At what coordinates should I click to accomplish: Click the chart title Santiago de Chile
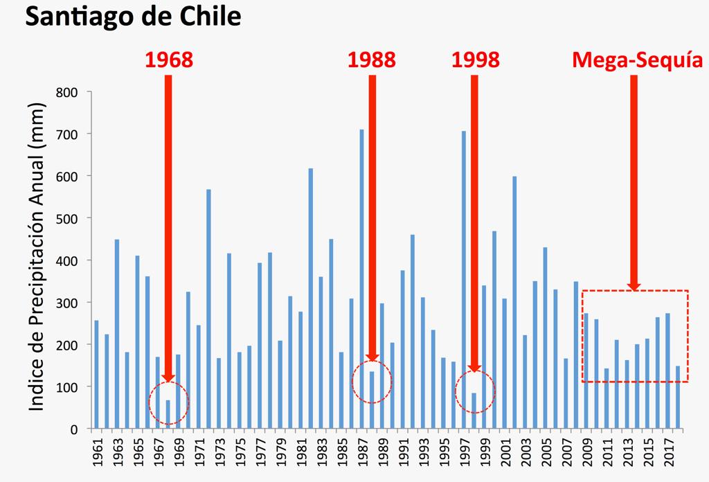tap(133, 17)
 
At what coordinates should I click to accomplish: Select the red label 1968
tap(168, 60)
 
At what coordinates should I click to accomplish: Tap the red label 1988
tap(372, 60)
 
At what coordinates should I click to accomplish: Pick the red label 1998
tap(475, 60)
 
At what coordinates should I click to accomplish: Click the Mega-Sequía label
tap(637, 60)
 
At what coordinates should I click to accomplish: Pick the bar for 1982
tap(310, 298)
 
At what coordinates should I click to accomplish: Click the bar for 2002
tap(514, 302)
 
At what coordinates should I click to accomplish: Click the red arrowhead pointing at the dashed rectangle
tap(634, 286)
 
